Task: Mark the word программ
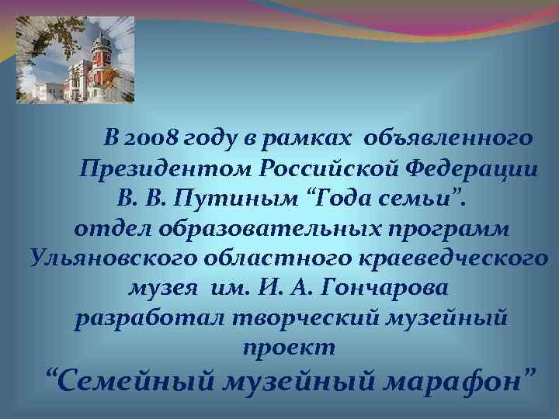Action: click(450, 228)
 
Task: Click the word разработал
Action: click(140, 318)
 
